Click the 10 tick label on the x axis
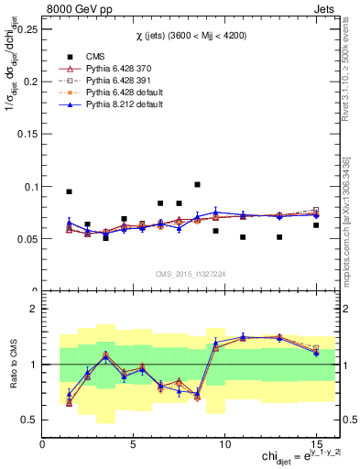click(224, 445)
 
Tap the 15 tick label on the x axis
click(315, 445)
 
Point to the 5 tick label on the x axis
click(134, 445)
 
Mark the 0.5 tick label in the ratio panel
click(31, 420)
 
